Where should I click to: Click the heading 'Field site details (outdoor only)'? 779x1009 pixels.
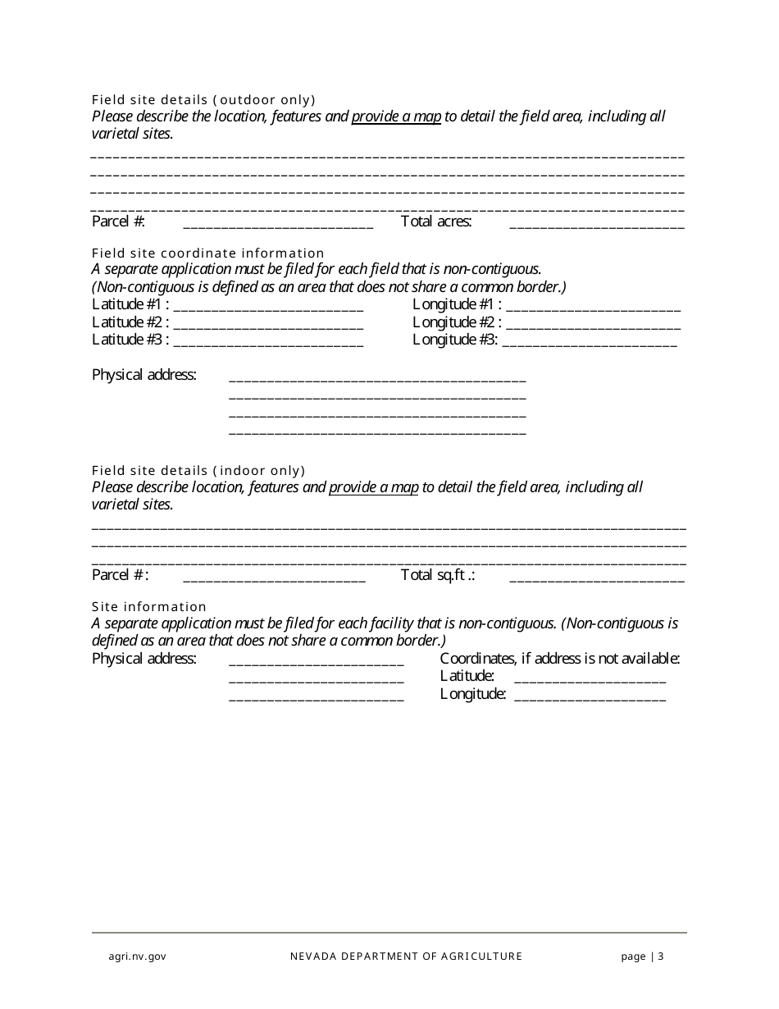click(x=203, y=100)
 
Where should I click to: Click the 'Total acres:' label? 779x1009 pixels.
click(x=436, y=221)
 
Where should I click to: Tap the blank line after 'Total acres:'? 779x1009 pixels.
click(x=596, y=225)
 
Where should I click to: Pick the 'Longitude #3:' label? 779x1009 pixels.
click(x=455, y=340)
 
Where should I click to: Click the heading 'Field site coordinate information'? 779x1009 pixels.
click(x=208, y=253)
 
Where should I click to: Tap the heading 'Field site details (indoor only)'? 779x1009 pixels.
click(x=198, y=471)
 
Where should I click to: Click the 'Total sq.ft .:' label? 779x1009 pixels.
click(x=438, y=575)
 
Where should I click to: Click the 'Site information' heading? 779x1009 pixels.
click(x=149, y=607)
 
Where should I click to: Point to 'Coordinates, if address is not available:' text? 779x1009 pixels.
click(x=560, y=659)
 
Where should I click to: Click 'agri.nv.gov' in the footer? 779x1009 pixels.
click(x=138, y=956)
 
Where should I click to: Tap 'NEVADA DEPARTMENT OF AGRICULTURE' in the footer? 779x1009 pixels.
click(x=406, y=956)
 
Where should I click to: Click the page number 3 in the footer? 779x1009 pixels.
click(x=660, y=956)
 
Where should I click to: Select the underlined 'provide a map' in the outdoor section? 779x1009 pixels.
click(x=396, y=116)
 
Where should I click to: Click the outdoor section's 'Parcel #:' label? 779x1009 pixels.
click(x=118, y=221)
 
